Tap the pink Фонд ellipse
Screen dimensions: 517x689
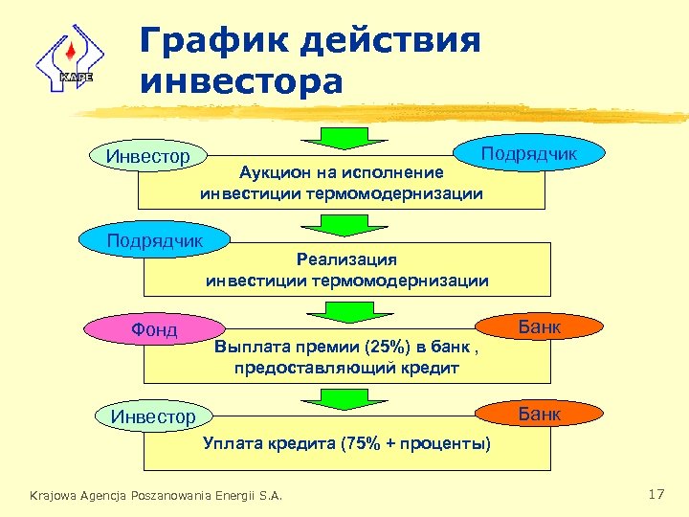coord(154,330)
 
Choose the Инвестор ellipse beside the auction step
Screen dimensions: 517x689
coord(147,154)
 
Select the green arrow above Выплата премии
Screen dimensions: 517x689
coord(335,313)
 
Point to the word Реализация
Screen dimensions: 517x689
coord(346,259)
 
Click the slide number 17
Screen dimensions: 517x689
coord(656,494)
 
